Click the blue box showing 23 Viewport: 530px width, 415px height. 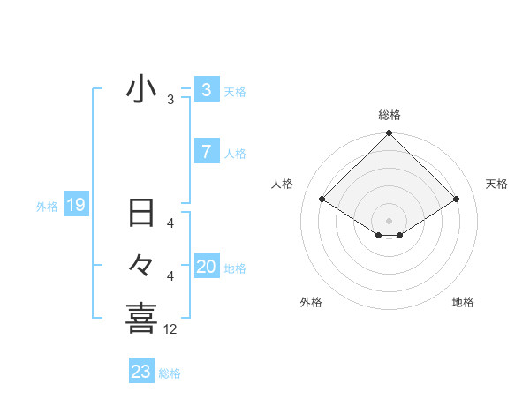point(141,372)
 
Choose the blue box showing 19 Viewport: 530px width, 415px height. point(75,206)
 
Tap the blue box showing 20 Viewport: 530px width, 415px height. point(207,267)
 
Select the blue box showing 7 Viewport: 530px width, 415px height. point(207,152)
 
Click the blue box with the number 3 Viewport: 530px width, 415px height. point(207,90)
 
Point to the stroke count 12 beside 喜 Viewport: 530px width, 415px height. point(171,329)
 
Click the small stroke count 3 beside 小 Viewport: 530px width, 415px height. point(170,100)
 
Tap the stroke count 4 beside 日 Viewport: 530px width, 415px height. point(170,223)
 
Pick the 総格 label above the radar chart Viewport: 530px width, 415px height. point(390,115)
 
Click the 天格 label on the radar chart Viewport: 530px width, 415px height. point(497,184)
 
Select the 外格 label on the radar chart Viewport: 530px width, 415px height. point(311,302)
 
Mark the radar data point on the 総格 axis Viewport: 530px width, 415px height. point(390,133)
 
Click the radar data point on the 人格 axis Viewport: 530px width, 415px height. point(322,199)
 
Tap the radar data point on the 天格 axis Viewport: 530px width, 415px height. point(457,199)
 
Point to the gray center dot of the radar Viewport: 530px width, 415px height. point(390,220)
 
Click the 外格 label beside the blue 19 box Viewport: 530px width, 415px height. point(47,207)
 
